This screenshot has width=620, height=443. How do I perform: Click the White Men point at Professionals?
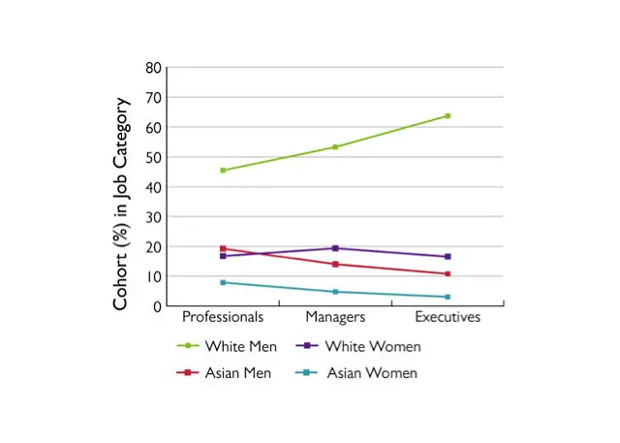(223, 171)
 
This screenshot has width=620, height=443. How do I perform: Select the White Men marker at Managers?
(335, 147)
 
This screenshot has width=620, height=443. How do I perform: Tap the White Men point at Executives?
(448, 116)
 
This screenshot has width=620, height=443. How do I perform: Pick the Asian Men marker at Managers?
(335, 264)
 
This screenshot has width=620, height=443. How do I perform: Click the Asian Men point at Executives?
(448, 274)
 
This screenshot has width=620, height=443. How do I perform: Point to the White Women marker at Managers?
(335, 248)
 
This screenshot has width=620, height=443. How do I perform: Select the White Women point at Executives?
(448, 257)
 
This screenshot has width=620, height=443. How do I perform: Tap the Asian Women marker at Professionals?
(223, 282)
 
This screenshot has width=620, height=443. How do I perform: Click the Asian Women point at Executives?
(448, 297)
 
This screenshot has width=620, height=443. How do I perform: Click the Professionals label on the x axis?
(223, 317)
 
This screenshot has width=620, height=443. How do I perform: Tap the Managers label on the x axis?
(335, 317)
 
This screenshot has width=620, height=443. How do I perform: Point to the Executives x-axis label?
(448, 317)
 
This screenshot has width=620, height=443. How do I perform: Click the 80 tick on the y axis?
(153, 68)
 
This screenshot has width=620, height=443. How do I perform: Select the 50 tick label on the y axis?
(153, 157)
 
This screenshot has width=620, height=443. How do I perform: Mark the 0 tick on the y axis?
(157, 306)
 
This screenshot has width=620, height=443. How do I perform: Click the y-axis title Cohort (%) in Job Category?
(121, 204)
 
